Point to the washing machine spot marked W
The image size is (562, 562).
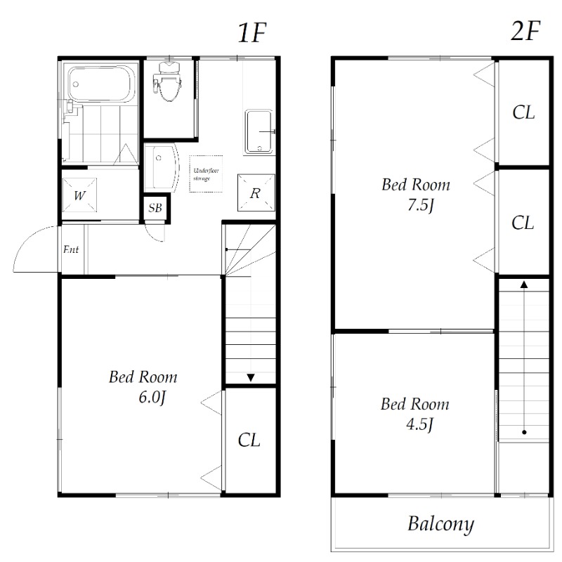pyautogui.click(x=80, y=195)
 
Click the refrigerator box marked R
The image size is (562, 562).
pyautogui.click(x=255, y=193)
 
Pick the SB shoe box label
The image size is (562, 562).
pyautogui.click(x=155, y=209)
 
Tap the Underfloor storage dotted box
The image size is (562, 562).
pyautogui.click(x=206, y=174)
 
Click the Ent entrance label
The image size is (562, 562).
pyautogui.click(x=71, y=249)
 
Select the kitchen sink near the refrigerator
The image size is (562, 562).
pyautogui.click(x=261, y=131)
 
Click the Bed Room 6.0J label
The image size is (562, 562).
pyautogui.click(x=143, y=387)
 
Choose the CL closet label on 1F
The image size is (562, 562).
pyautogui.click(x=249, y=440)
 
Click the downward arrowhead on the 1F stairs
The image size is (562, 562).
pyautogui.click(x=250, y=379)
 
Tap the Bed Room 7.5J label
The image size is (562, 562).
pyautogui.click(x=415, y=195)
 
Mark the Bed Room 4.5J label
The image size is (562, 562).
pyautogui.click(x=414, y=414)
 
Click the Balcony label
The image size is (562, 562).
pyautogui.click(x=440, y=524)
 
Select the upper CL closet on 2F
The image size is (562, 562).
pyautogui.click(x=523, y=112)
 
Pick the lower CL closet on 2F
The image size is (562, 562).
pyautogui.click(x=523, y=223)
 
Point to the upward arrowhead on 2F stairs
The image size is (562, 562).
pyautogui.click(x=523, y=285)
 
